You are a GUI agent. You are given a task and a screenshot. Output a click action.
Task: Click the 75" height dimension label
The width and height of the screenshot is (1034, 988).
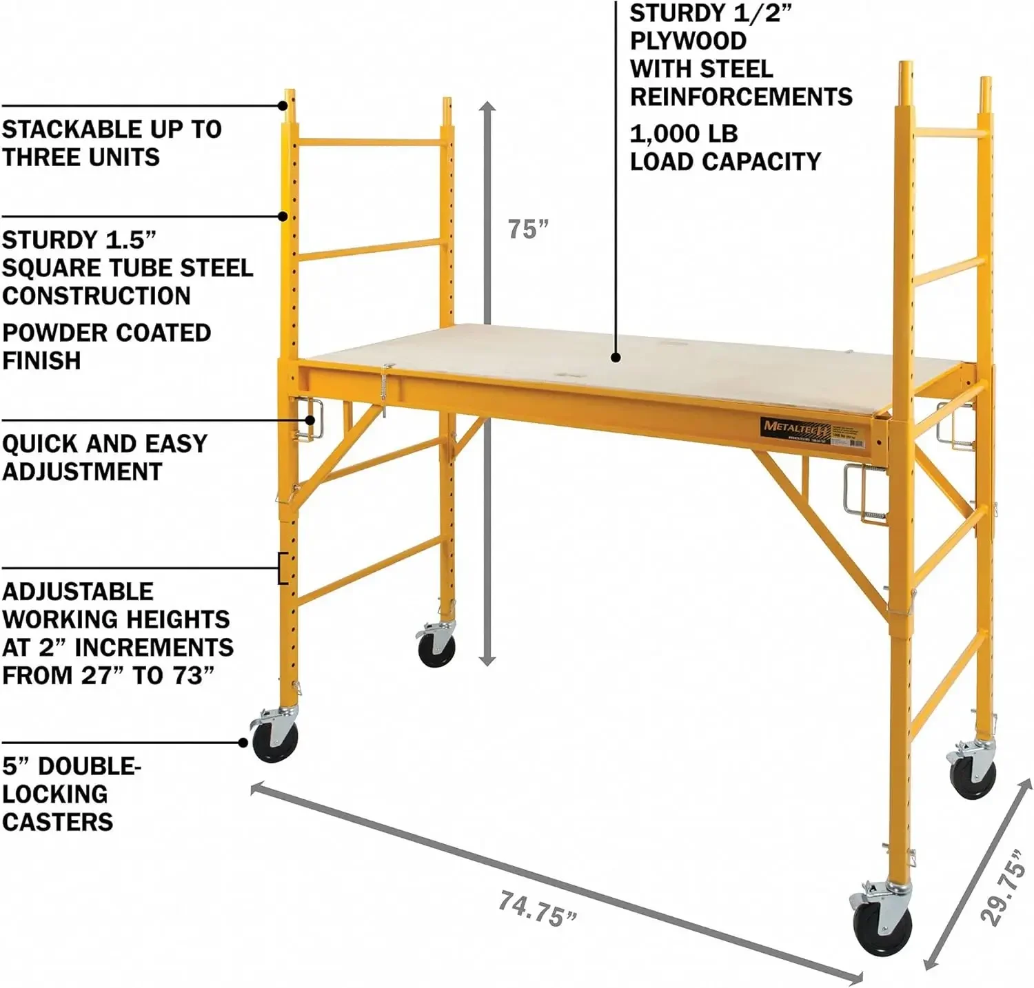[x=527, y=229]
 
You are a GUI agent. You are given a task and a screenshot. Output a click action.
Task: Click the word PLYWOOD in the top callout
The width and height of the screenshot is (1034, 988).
[x=688, y=41]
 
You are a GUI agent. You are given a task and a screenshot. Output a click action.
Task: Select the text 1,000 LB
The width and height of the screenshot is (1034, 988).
[x=683, y=134]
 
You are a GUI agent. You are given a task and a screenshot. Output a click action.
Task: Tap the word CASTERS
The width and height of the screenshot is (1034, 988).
[x=57, y=822]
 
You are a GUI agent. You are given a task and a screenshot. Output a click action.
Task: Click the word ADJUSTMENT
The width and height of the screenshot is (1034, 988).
[x=82, y=472]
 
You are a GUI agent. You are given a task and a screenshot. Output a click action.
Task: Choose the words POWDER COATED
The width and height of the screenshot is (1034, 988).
[x=106, y=333]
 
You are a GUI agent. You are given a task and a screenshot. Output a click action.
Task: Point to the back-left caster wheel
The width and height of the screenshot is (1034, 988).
[x=437, y=648]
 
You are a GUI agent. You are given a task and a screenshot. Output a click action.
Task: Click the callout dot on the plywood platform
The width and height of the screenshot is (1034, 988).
[x=616, y=357]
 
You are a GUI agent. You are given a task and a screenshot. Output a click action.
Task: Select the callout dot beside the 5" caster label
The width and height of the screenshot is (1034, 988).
[x=243, y=742]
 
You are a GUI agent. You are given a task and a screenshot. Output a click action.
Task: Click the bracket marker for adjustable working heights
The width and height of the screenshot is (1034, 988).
[x=282, y=568]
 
